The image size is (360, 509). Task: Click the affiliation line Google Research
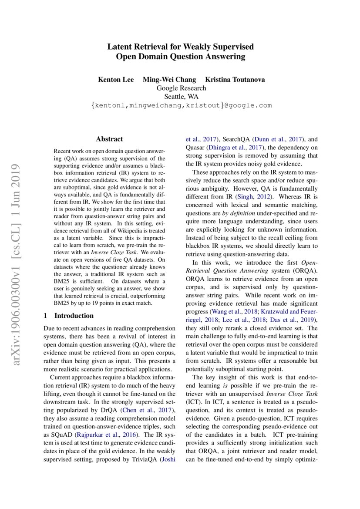(x=181, y=88)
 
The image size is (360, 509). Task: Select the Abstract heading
(x=109, y=139)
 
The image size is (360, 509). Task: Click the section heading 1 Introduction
(x=69, y=316)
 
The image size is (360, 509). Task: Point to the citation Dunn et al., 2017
(x=279, y=139)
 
